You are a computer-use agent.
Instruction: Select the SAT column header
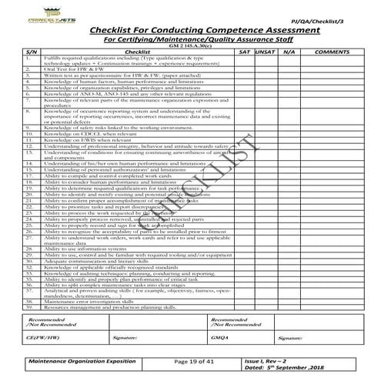243,51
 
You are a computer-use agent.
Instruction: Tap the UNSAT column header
266,51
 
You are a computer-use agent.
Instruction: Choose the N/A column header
289,51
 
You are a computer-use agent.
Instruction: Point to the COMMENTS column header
333,51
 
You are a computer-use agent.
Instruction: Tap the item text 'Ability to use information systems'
85,249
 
